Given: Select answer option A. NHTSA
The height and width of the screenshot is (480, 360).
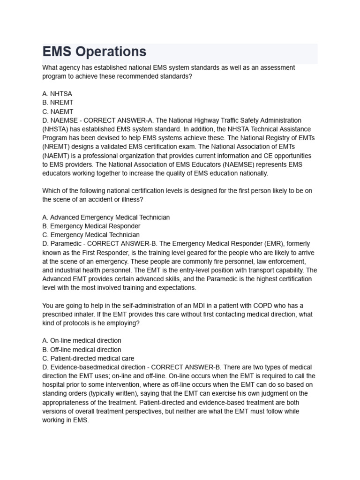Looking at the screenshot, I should click(57, 94).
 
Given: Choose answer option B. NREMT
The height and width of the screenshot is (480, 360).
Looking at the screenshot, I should click(58, 103).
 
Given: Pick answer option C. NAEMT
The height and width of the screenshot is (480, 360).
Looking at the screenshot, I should click(58, 112).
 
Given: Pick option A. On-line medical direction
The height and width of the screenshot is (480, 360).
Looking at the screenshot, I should click(82, 341).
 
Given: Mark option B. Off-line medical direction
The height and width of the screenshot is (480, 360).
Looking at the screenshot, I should click(82, 350).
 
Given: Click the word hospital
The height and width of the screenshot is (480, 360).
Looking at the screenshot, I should click(55, 385).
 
